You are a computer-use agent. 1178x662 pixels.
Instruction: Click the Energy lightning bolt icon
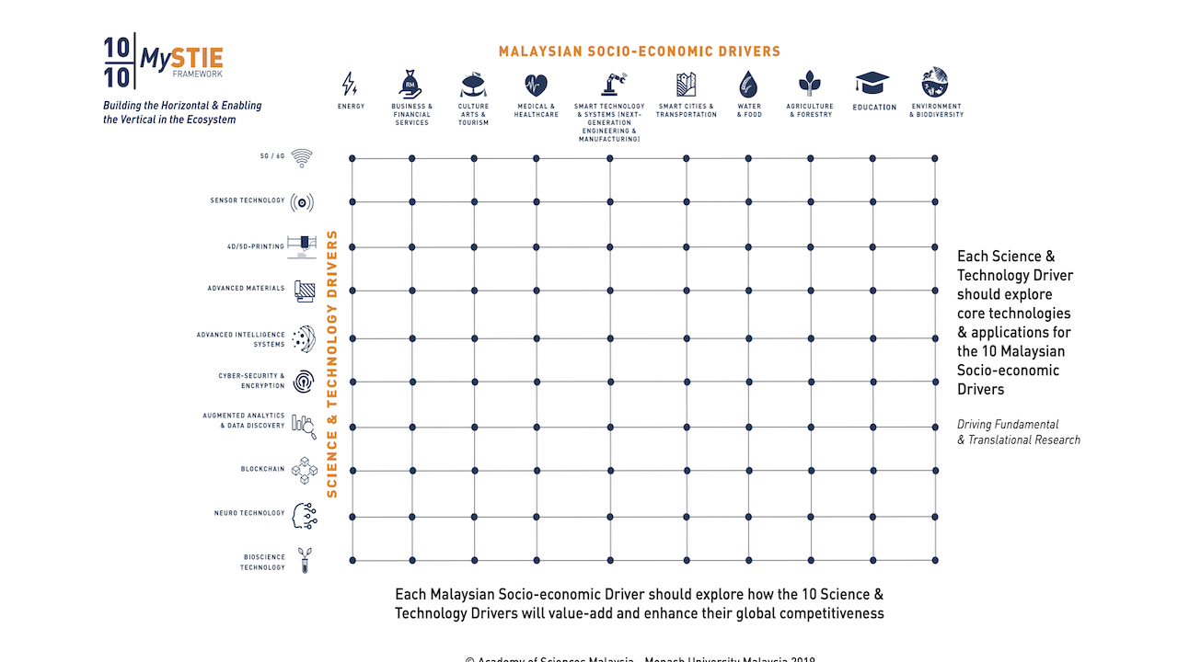pos(350,85)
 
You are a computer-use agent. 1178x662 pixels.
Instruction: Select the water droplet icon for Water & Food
pos(749,85)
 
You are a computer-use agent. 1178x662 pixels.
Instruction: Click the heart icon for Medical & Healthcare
pos(536,86)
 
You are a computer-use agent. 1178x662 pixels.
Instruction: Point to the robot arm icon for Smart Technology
pos(609,84)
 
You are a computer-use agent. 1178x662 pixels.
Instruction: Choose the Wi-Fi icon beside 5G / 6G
pos(302,157)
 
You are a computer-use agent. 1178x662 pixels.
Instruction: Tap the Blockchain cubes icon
pos(303,470)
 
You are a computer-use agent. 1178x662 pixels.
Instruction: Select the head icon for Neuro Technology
pos(304,515)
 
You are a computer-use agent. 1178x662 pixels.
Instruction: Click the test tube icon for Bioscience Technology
pos(304,560)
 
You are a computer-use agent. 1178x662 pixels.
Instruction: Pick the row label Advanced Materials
pos(246,289)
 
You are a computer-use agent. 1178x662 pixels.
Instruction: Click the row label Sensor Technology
pos(248,200)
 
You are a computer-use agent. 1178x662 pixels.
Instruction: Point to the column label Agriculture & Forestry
pos(810,110)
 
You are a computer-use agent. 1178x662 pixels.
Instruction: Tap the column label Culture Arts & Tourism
pos(474,114)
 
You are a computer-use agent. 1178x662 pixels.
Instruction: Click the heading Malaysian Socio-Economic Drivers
pos(639,51)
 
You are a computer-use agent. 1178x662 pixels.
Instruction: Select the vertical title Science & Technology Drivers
pos(332,364)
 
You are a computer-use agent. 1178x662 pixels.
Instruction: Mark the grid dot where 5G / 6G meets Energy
pos(352,158)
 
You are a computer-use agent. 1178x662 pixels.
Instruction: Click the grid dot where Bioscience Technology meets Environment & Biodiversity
pos(935,560)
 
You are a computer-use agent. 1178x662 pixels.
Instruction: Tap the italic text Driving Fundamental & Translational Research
pos(1018,432)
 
